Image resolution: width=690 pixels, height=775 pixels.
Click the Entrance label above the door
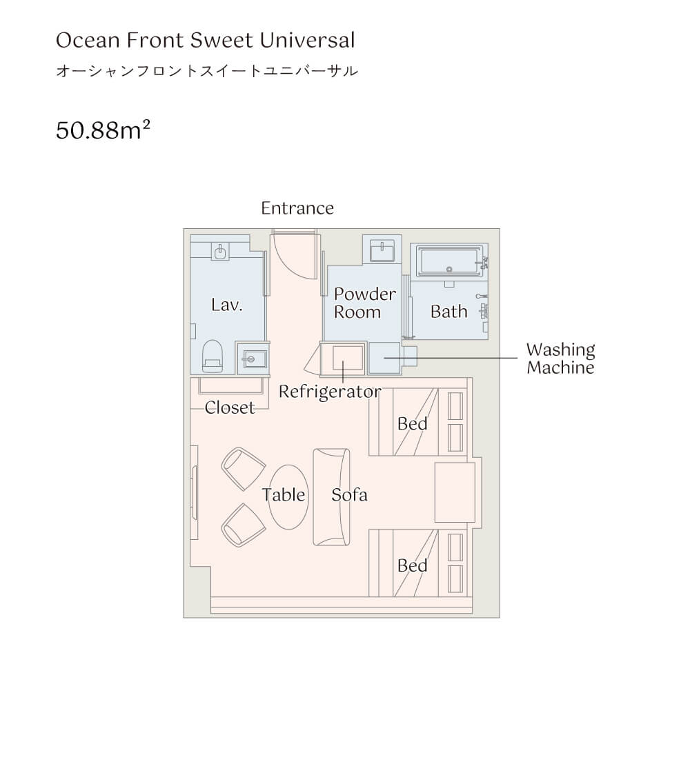[297, 208]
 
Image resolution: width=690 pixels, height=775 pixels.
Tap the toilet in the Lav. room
[213, 356]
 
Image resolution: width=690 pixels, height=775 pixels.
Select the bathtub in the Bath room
[449, 261]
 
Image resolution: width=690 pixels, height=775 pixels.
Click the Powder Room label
[364, 303]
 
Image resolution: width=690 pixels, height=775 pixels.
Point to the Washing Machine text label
[560, 359]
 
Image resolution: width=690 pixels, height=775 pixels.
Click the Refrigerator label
[330, 392]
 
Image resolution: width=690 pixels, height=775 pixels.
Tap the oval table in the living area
[288, 496]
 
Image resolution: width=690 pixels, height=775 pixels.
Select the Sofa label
[349, 495]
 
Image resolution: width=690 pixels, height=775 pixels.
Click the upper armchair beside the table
[243, 469]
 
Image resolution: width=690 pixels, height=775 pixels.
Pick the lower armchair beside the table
[243, 525]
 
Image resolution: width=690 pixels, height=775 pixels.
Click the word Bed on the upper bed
[412, 423]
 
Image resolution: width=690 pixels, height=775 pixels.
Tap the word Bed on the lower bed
[412, 565]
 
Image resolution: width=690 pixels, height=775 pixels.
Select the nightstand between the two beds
[455, 492]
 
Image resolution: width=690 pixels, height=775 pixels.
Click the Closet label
[230, 407]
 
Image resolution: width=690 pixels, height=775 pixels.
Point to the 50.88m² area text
[103, 130]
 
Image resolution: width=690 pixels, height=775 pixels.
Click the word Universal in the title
[306, 41]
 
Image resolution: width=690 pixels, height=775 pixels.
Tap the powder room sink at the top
[382, 250]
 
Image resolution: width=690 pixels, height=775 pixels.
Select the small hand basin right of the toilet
[253, 359]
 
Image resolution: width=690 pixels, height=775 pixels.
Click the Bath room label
[448, 312]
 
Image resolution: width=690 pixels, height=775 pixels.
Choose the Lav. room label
[226, 305]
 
